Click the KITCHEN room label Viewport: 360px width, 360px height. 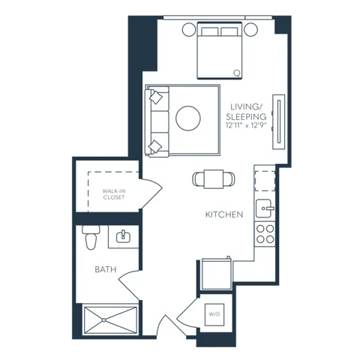point(224,214)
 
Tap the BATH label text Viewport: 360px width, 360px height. point(106,269)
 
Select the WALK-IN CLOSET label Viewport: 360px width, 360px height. point(114,194)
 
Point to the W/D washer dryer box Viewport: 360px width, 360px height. point(214,314)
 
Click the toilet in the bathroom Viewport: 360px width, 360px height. point(91,237)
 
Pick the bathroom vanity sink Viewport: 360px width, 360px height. point(123,236)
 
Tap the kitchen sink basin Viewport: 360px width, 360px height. point(264,208)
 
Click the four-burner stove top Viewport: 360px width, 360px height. point(265,234)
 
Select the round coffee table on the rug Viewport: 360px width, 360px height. point(188,118)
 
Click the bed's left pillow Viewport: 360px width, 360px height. point(209,31)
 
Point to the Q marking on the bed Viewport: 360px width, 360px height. point(237,73)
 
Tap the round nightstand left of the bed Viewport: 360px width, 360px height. point(189,29)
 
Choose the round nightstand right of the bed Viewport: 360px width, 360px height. point(250,29)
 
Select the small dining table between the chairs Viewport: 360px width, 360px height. point(214,179)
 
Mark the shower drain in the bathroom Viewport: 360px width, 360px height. point(103,319)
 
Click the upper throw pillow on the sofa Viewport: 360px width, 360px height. point(155,97)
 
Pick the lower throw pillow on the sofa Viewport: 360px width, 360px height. point(155,146)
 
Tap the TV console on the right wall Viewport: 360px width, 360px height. point(279,121)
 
